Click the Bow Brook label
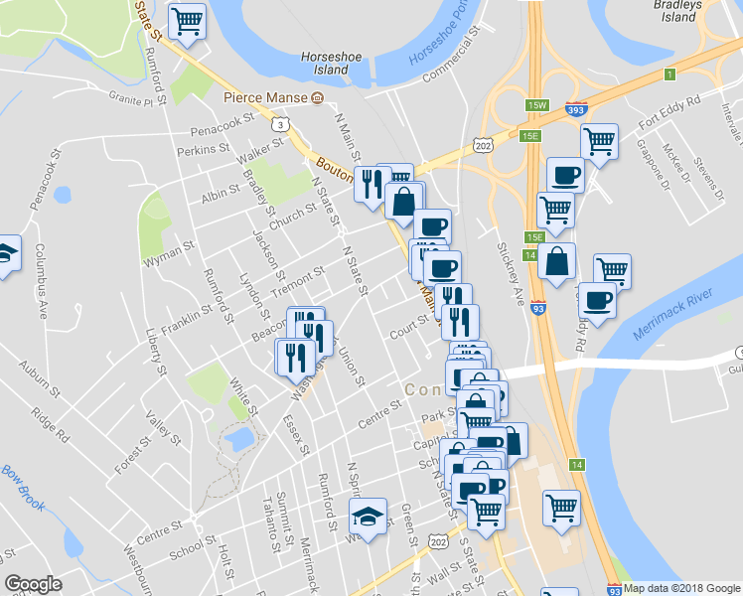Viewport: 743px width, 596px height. point(23,486)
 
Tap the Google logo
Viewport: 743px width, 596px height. point(33,584)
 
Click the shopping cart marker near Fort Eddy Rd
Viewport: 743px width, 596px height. point(599,141)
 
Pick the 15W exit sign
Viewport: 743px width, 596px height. point(537,104)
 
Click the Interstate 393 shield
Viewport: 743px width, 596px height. point(575,109)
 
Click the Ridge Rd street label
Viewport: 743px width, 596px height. point(51,423)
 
